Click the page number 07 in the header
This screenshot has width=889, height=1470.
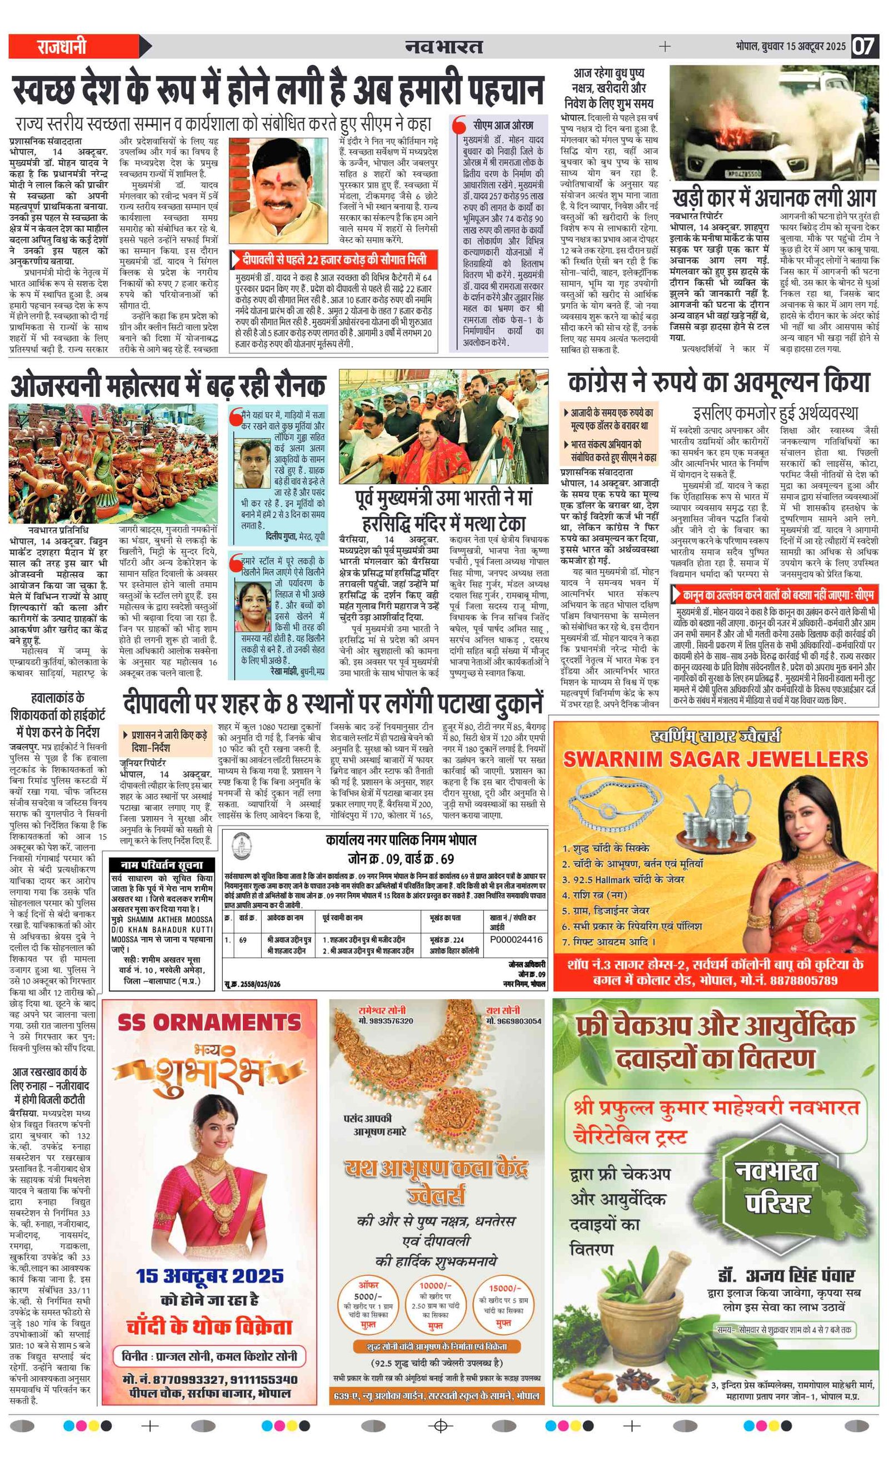863,46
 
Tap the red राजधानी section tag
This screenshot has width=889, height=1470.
62,47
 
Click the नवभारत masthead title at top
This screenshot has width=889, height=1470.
444,46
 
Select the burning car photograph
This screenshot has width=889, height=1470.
774,122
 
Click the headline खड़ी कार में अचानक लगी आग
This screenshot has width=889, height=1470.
773,197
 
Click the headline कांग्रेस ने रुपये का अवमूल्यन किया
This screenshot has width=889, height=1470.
719,383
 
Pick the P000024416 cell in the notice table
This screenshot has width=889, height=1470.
516,939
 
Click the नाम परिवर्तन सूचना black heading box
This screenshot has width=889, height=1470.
161,865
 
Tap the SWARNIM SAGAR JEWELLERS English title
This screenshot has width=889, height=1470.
716,759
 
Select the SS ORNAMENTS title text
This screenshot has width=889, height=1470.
209,1022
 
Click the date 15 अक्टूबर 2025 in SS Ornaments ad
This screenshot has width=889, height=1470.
209,1276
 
